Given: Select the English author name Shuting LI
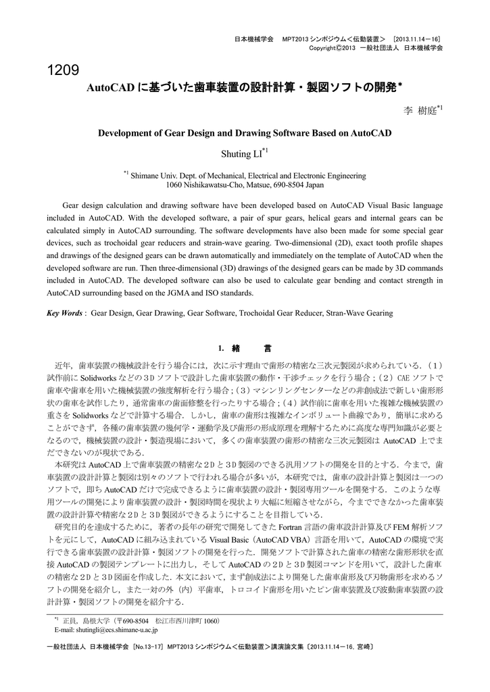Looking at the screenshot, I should [x=241, y=154].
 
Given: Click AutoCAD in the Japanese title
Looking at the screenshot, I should [x=112, y=89].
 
